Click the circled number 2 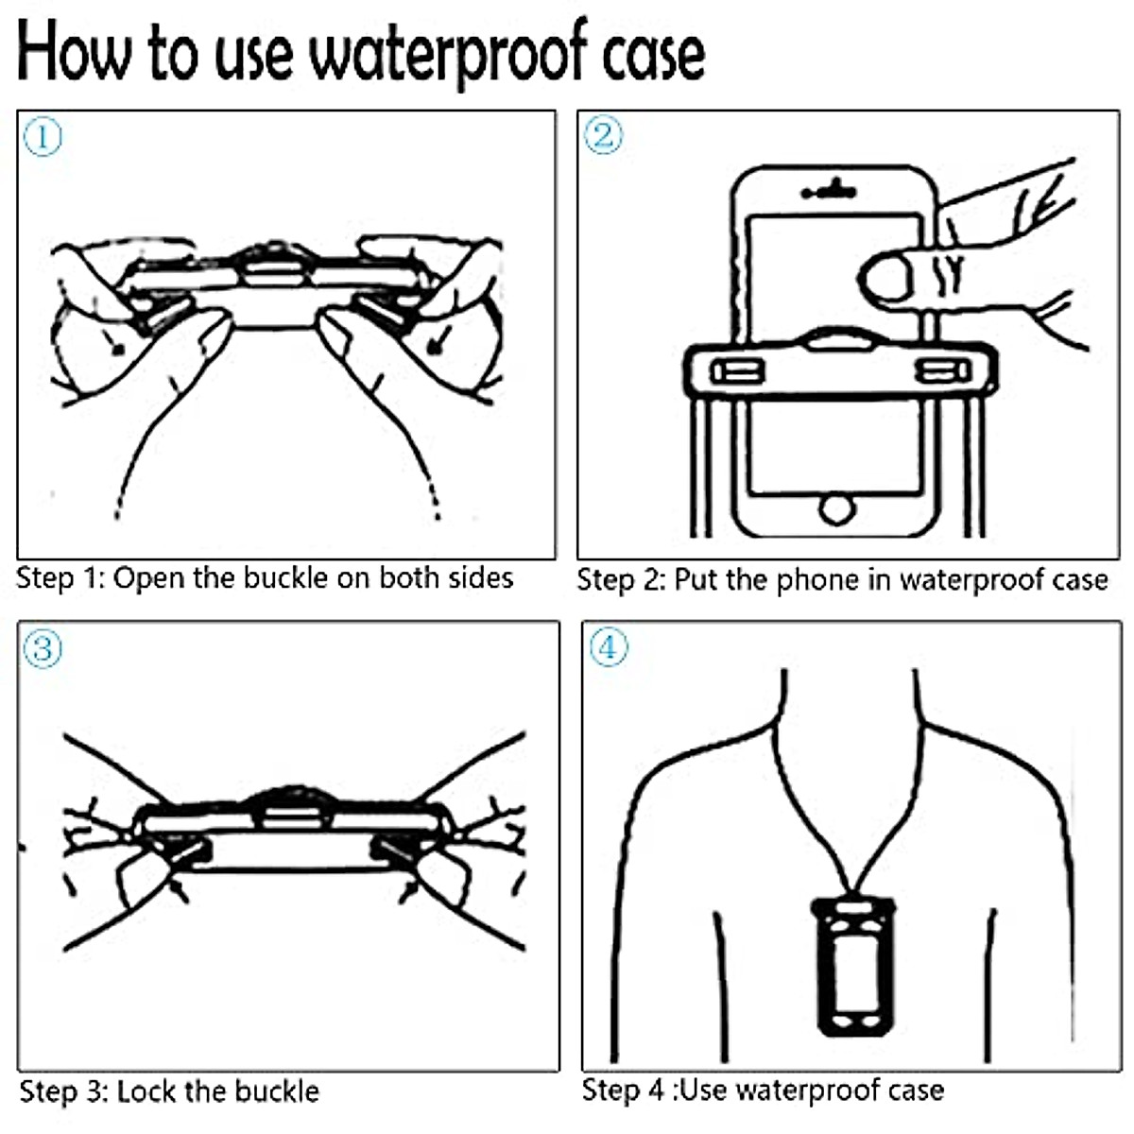click(604, 135)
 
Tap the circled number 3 click(42, 649)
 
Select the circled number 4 click(608, 647)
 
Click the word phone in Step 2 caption click(820, 579)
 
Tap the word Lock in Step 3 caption click(147, 1091)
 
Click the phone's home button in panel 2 click(835, 510)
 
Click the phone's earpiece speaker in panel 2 click(830, 193)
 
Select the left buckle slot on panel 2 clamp click(737, 370)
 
